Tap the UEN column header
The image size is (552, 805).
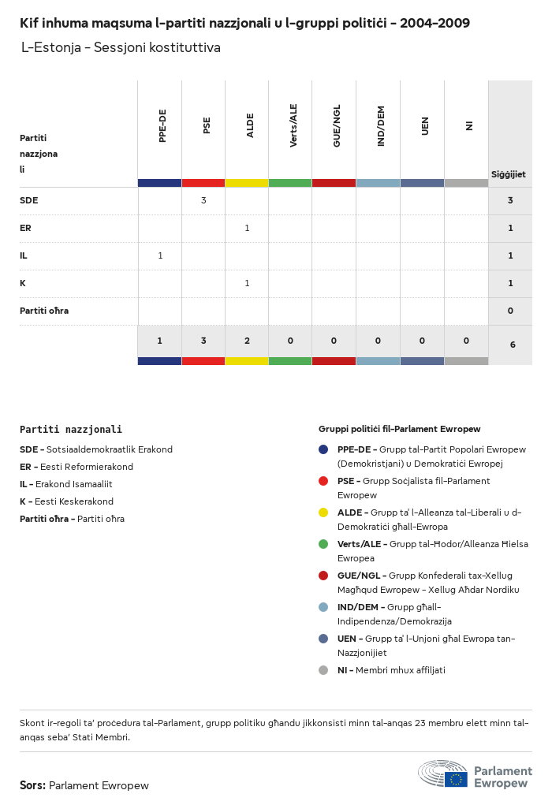coord(425,126)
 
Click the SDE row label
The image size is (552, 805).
coord(29,200)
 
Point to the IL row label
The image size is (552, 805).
coord(24,255)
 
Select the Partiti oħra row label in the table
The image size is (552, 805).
coord(44,311)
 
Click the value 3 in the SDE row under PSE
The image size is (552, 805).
coord(203,200)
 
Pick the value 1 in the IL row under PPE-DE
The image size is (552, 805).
coord(160,255)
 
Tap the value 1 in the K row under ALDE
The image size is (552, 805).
coord(247,283)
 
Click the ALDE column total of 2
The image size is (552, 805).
coord(247,341)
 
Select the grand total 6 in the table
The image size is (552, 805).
coord(510,345)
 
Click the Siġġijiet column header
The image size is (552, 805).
coord(509,174)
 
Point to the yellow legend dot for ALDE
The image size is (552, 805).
coord(323,512)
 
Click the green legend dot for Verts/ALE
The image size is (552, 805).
coord(323,544)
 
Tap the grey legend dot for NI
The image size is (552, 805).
coord(323,670)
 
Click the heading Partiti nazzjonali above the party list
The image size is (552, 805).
coord(71,430)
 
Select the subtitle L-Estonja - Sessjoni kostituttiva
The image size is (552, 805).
coord(121,48)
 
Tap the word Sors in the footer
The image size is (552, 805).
coord(32,785)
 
